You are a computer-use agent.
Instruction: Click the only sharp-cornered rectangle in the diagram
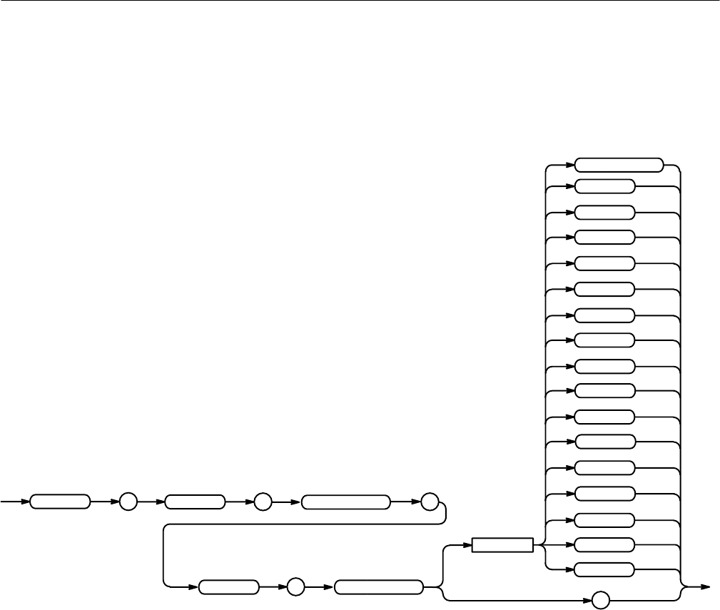tap(502, 545)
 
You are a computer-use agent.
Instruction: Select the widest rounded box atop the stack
tap(619, 164)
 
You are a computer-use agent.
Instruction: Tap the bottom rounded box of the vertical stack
tap(604, 569)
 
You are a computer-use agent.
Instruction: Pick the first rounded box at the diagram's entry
tap(61, 502)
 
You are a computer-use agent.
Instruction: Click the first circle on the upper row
tap(127, 502)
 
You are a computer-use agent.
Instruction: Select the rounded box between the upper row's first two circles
tap(194, 502)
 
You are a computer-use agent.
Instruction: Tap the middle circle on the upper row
tap(262, 502)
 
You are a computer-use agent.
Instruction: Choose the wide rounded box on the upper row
tap(346, 502)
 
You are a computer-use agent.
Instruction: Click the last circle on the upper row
tap(430, 502)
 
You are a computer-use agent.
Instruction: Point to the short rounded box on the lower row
tap(228, 587)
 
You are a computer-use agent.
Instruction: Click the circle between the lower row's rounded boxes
tap(295, 587)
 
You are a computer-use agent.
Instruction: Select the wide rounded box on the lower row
tap(379, 587)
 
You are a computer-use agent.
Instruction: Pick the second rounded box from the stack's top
tap(604, 187)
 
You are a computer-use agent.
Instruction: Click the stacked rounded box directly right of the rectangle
tap(604, 545)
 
